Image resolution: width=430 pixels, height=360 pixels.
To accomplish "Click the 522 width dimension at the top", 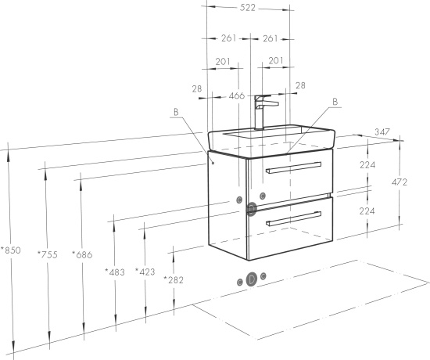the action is coord(248,8).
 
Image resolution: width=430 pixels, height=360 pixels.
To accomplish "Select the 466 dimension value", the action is coord(237,95).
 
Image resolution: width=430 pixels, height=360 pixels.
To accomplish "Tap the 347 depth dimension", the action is coord(382,132).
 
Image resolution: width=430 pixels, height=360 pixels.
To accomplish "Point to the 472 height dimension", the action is coord(400,182).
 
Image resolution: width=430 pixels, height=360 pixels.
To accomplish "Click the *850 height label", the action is coord(11,250).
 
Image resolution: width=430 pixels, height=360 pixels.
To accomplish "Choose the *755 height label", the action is coord(48,254).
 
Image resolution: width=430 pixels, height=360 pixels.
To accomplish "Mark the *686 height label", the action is coord(82,254).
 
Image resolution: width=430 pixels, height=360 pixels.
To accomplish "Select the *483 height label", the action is coord(115,272).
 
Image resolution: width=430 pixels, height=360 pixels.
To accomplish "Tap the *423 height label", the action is coord(145,272).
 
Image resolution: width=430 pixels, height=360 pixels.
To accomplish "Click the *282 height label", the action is coord(174,280).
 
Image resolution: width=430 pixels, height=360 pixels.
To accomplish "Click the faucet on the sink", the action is coord(263,112).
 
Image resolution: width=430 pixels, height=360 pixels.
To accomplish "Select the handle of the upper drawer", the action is coord(293,167).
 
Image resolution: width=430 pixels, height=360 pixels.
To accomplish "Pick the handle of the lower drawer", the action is coord(293,218).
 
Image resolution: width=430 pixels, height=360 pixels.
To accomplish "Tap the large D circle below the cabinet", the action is coord(252,279).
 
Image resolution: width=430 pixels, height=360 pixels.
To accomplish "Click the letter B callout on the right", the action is coord(335,102).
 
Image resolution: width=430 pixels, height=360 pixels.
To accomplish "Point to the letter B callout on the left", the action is coord(176,112).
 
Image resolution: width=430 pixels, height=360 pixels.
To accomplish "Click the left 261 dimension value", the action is coord(228,38).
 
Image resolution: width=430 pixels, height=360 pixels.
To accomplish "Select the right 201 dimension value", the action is coord(276,60).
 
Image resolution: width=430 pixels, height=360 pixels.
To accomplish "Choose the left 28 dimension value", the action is coord(197,88).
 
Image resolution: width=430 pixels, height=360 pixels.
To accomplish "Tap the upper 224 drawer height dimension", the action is coord(367,165).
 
